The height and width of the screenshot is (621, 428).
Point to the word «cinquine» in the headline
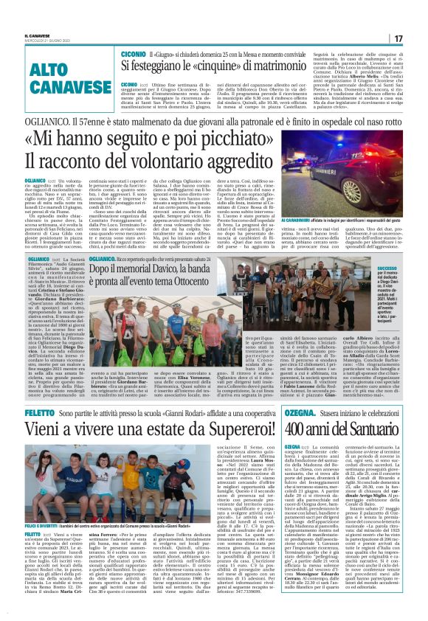click(x=229, y=69)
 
